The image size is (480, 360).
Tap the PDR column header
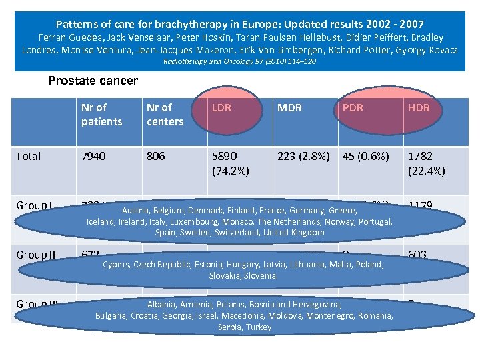click(x=352, y=107)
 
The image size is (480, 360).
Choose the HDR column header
click(x=419, y=107)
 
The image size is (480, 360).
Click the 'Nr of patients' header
click(x=101, y=114)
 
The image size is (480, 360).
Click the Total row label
click(x=29, y=156)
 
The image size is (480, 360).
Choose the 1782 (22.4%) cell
click(x=426, y=163)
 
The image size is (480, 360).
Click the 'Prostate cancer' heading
click(x=93, y=81)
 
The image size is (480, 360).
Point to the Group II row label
click(x=34, y=255)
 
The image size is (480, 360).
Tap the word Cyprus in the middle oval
click(x=117, y=264)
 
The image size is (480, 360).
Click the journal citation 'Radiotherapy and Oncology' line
click(x=239, y=61)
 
